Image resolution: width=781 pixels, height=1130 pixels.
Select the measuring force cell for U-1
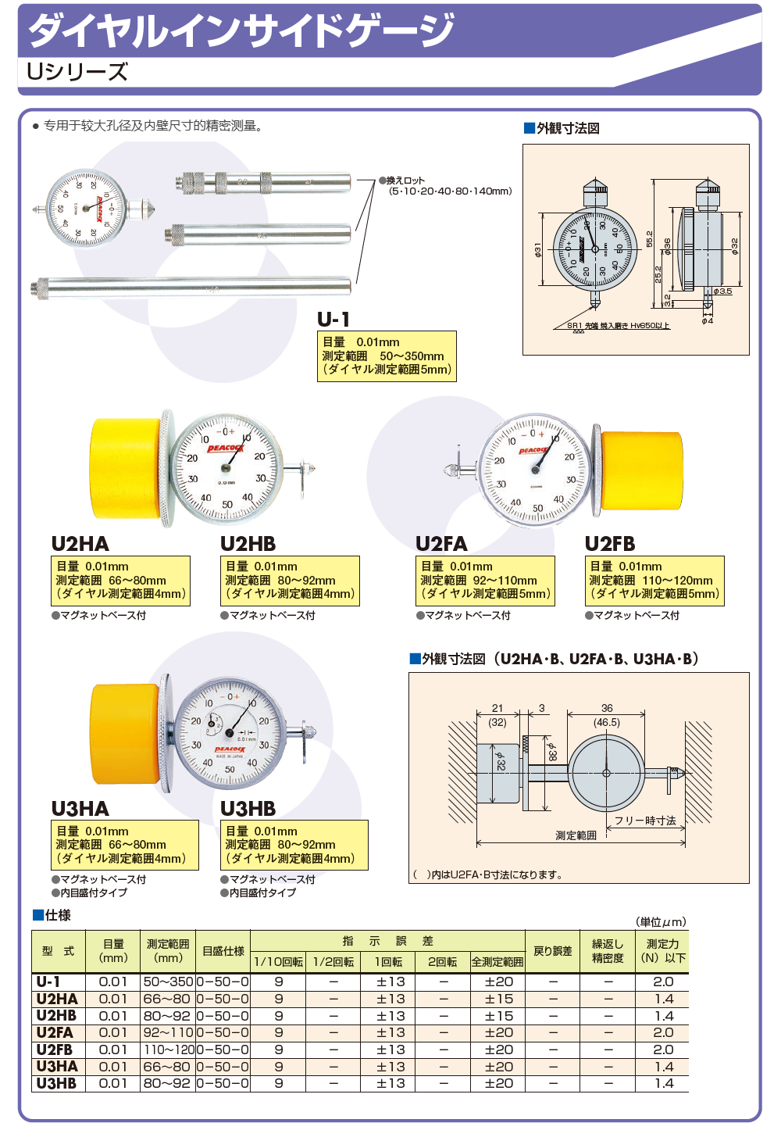pos(663,982)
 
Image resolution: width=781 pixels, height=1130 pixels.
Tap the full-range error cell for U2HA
pos(498,999)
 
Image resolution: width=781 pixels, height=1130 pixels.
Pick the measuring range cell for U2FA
pos(167,1032)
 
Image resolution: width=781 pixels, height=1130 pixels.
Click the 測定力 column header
pos(662,950)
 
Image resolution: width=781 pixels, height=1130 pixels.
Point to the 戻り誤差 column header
pos(552,951)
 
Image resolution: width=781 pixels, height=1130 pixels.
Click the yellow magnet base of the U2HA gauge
pos(125,469)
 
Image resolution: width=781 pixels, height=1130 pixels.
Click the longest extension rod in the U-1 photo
pos(191,288)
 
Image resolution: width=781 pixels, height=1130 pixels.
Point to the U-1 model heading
pos(333,320)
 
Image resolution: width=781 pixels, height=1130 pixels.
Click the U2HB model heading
pos(248,544)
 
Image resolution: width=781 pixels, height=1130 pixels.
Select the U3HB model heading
pos(248,809)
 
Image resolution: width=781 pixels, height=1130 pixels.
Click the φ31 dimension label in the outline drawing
pos(537,250)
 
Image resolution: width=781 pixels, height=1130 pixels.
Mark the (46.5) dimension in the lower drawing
pos(607,723)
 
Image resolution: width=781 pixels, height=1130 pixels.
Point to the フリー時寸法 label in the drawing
pos(645,821)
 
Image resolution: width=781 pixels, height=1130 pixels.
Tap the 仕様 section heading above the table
pos(57,915)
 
